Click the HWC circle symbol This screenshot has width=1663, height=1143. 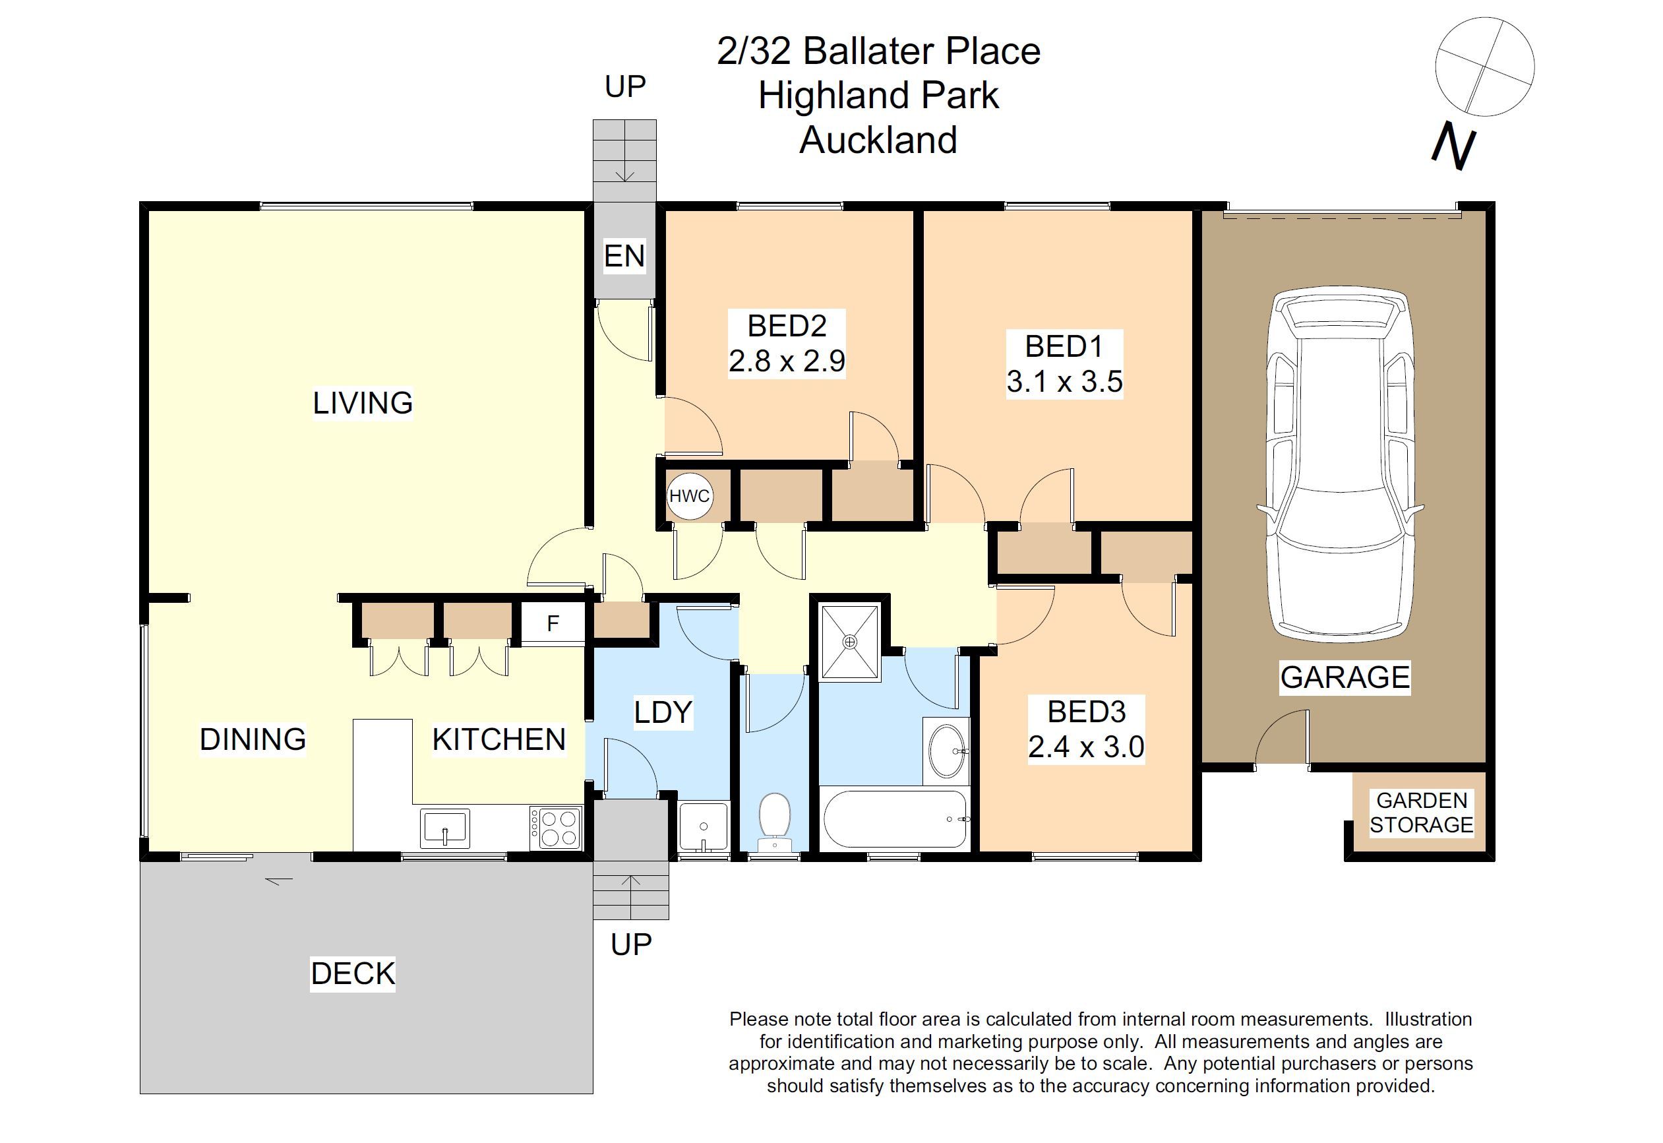tap(688, 495)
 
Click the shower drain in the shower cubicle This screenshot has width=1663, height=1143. tap(850, 642)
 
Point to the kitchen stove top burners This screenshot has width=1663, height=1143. tap(555, 828)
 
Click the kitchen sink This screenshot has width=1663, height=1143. tap(444, 827)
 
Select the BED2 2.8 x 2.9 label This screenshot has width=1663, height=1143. tap(787, 344)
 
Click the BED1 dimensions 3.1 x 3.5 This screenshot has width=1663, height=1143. tap(1064, 382)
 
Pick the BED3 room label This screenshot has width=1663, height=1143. tap(1086, 712)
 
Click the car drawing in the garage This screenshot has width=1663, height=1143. tap(1339, 466)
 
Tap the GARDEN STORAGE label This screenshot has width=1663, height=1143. tap(1421, 813)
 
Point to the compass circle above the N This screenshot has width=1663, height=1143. tap(1485, 67)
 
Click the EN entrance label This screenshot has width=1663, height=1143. tap(624, 256)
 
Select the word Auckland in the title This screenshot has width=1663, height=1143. tap(878, 140)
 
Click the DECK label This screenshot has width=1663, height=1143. tap(352, 973)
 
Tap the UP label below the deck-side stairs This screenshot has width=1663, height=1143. tap(630, 944)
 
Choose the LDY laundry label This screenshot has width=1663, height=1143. tap(663, 712)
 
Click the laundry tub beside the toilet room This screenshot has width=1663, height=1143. tap(703, 828)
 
